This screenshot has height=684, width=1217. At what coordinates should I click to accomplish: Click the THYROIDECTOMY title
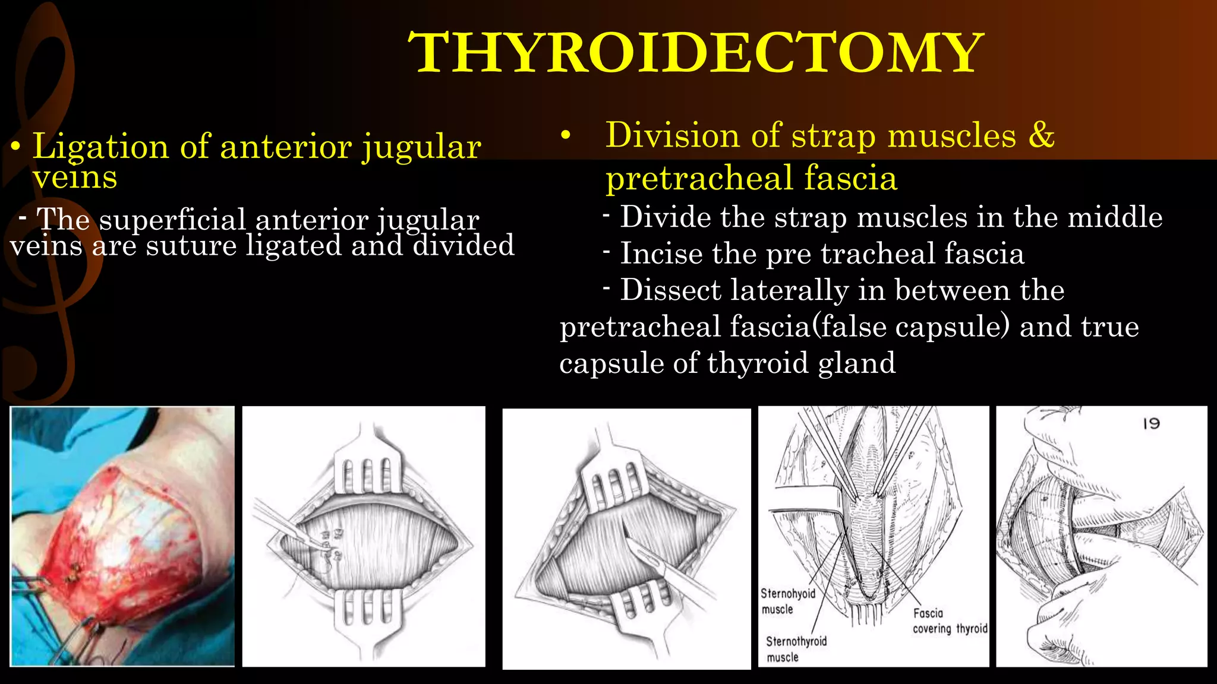click(x=695, y=53)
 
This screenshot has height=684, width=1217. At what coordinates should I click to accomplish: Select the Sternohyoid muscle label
click(x=787, y=601)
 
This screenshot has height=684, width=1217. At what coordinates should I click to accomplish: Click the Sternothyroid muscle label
click(x=796, y=649)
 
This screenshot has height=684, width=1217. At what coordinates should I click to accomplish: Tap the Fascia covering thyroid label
click(x=949, y=621)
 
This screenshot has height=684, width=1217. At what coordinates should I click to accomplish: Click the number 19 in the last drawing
click(x=1151, y=423)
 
